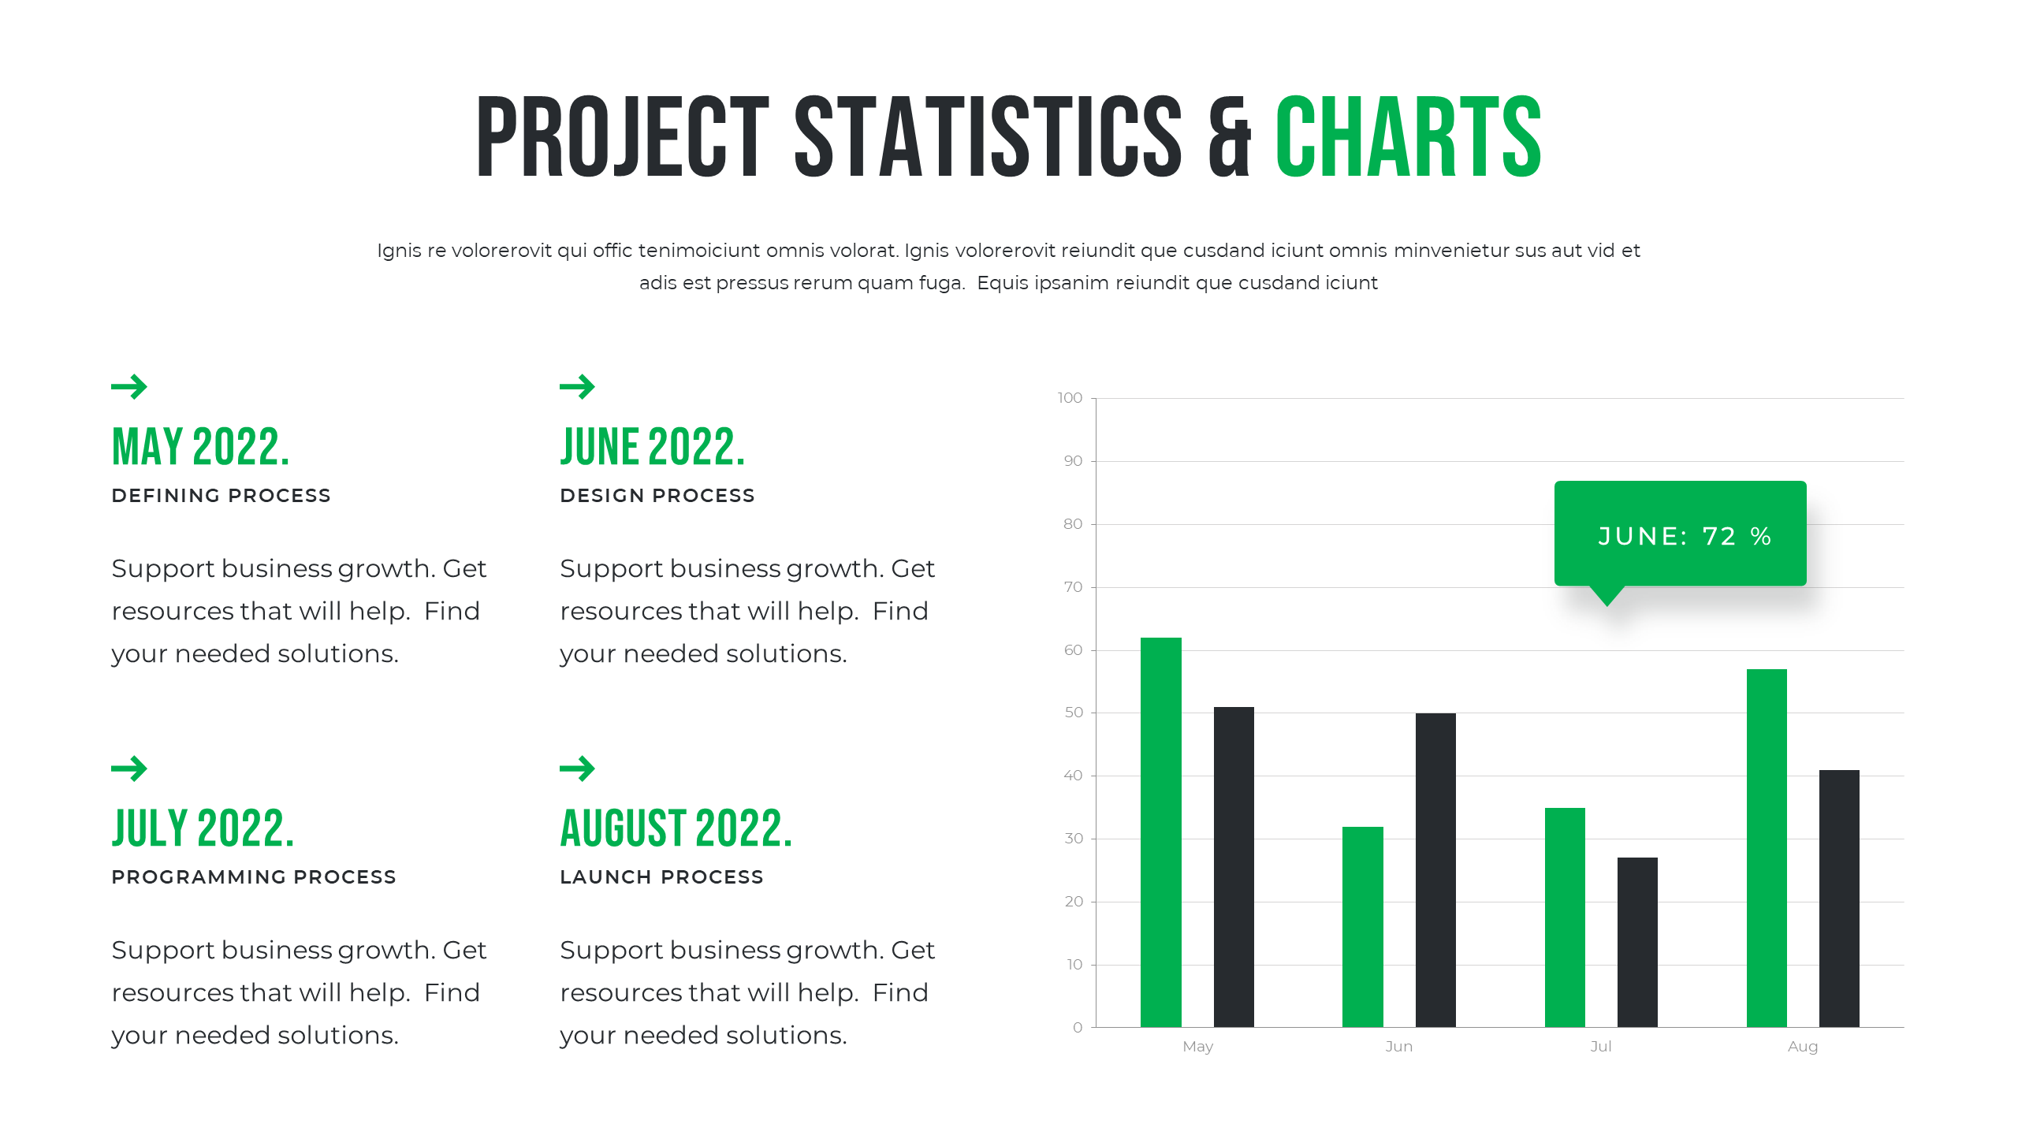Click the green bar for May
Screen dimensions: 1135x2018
pos(1160,832)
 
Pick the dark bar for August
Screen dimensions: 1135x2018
pos(1839,898)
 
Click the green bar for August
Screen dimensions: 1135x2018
pos(1767,847)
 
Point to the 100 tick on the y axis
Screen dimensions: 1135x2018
pos(1070,398)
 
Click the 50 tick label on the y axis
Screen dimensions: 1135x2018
pos(1074,713)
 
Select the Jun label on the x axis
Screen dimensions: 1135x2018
pos(1399,1047)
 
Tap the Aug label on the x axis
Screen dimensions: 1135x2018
pos(1803,1047)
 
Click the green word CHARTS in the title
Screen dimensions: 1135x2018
pos(1408,137)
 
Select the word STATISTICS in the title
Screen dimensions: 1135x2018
pos(989,137)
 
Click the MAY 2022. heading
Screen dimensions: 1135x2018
pos(201,447)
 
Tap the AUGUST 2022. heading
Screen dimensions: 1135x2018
pos(676,828)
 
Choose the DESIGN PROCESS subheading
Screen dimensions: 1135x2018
pos(657,496)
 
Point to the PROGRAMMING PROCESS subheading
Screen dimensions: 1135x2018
pos(254,877)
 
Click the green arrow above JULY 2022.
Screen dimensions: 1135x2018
pos(129,768)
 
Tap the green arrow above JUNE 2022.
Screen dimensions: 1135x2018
pos(577,386)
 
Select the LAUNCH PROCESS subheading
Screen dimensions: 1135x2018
pos(661,877)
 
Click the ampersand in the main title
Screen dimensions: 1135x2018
pos(1230,139)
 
